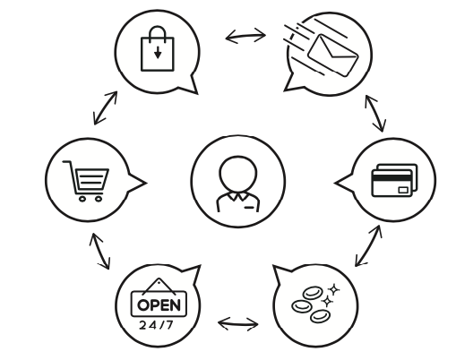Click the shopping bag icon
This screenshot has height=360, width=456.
tap(158, 49)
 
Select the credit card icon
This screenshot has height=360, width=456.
tap(394, 180)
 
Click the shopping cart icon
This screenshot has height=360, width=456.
tap(86, 181)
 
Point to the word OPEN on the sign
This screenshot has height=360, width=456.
tap(159, 304)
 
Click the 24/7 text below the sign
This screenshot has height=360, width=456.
tap(156, 325)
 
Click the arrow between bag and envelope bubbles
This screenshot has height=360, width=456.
tap(245, 36)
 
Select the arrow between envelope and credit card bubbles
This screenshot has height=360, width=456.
tap(375, 113)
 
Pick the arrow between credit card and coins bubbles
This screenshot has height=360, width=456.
tap(368, 245)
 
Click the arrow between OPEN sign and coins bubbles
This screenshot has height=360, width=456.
tap(238, 324)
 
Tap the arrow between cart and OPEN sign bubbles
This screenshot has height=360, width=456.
tap(100, 252)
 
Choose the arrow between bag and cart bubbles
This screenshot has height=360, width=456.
tap(106, 107)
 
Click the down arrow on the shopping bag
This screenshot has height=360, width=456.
tap(158, 52)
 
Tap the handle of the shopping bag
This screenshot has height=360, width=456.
tap(158, 32)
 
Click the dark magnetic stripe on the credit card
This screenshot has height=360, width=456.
tap(391, 178)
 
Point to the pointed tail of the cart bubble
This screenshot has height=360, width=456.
tap(146, 183)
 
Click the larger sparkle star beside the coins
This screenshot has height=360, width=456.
tap(334, 289)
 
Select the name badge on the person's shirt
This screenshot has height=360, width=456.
tap(249, 207)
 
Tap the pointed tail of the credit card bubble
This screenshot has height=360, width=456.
tap(335, 183)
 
